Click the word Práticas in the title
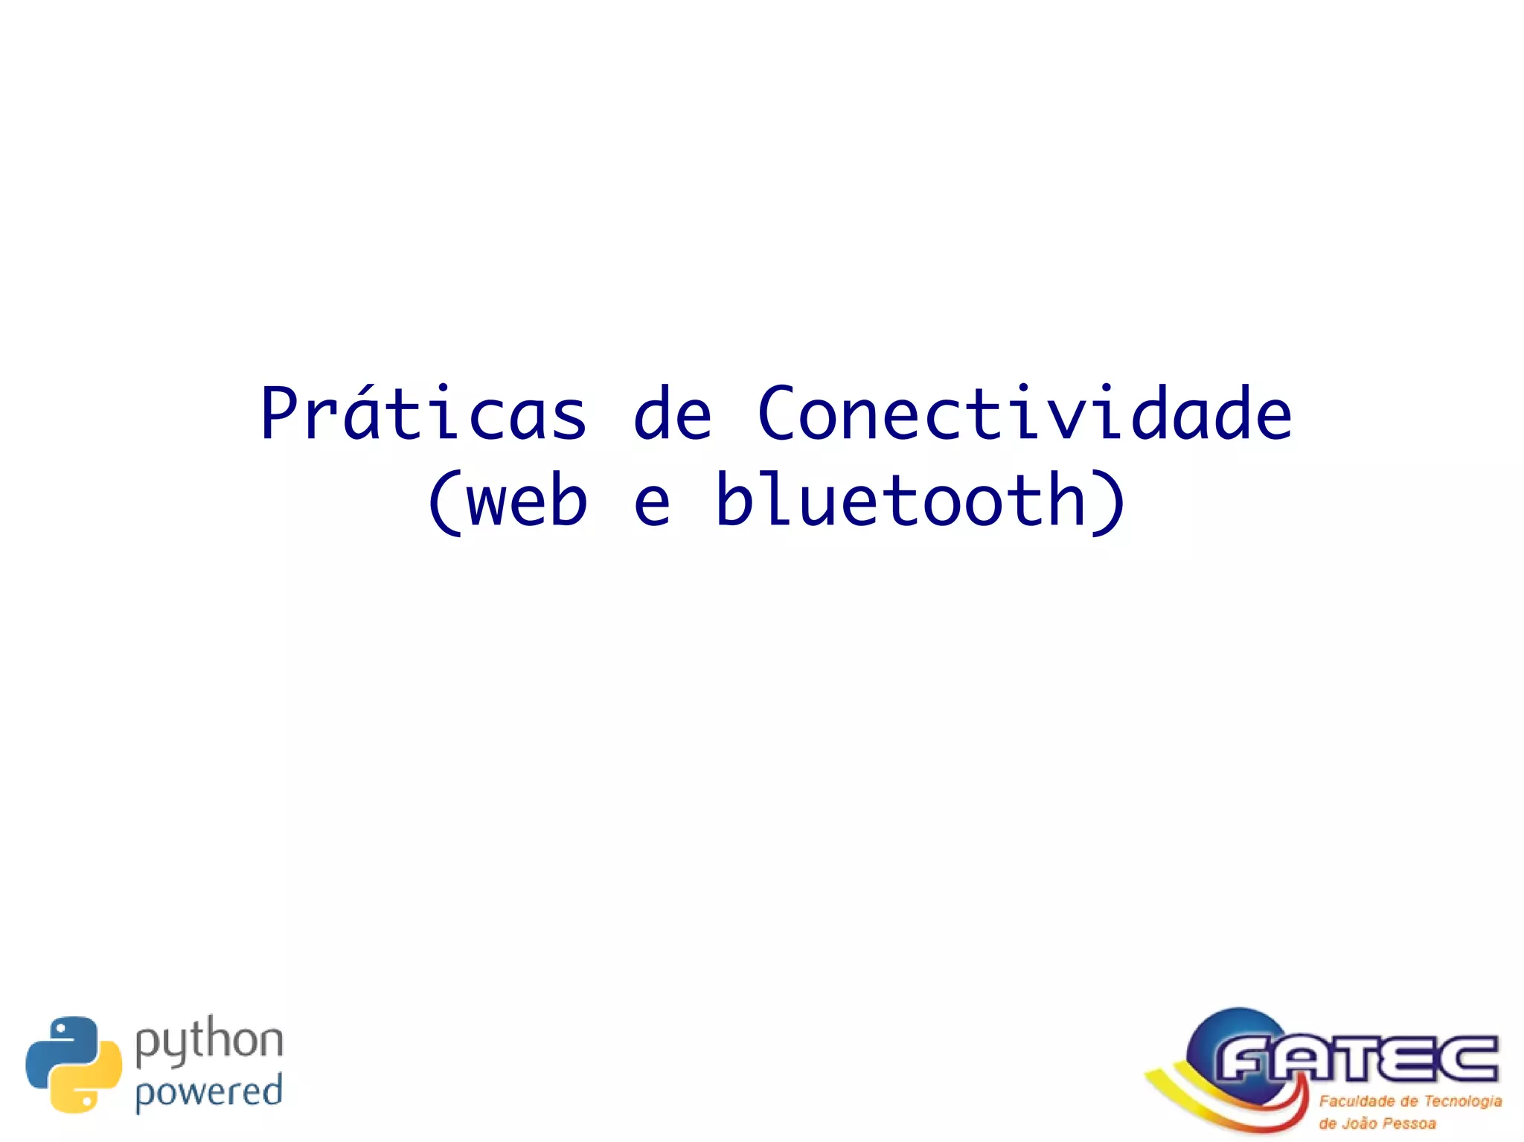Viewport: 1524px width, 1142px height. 423,414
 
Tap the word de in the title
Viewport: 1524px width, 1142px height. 672,414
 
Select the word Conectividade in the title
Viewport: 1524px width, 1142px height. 1024,414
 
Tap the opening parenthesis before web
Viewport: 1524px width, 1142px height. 444,501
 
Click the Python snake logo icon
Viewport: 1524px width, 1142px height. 74,1064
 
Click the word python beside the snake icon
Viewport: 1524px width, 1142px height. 209,1041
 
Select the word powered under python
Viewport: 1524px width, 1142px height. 209,1092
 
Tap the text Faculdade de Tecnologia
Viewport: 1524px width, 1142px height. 1410,1101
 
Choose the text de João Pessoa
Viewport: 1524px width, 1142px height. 1377,1123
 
